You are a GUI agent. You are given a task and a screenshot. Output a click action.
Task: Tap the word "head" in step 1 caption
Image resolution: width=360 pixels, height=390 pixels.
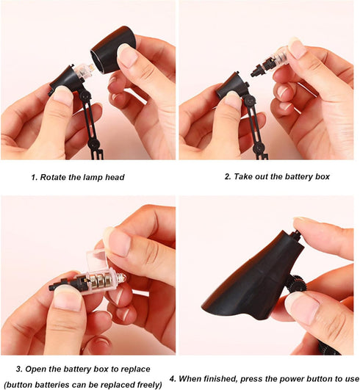(115, 177)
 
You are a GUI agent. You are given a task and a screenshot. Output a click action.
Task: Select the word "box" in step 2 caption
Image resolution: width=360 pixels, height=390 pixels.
(323, 176)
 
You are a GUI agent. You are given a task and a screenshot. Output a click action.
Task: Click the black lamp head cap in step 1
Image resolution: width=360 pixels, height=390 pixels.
(112, 50)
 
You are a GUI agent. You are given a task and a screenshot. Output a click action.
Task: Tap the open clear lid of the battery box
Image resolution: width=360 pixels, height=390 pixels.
(96, 259)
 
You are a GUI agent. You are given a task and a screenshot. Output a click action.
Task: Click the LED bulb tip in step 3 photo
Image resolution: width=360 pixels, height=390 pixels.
(122, 278)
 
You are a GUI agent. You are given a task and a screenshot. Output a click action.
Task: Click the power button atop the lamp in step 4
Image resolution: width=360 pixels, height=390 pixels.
(296, 234)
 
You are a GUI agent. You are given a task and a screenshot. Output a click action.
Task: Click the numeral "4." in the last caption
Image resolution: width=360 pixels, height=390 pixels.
(173, 379)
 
